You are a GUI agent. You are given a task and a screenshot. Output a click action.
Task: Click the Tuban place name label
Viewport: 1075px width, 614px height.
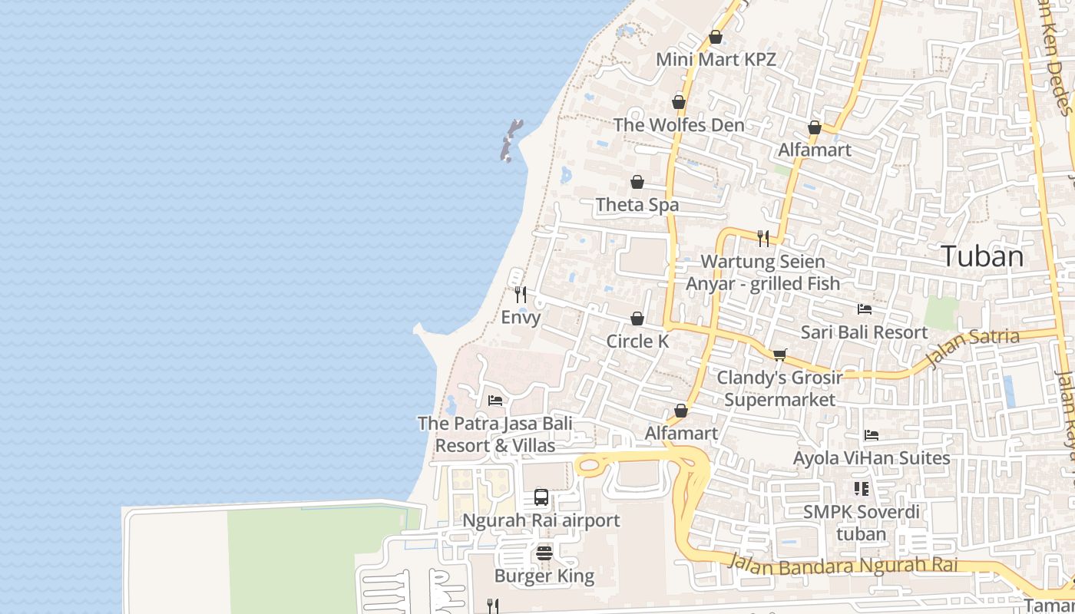click(x=982, y=256)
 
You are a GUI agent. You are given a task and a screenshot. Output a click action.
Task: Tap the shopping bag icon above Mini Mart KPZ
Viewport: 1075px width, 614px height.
click(x=716, y=37)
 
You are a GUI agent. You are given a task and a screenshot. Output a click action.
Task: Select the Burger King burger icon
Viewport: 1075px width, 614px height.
click(x=544, y=553)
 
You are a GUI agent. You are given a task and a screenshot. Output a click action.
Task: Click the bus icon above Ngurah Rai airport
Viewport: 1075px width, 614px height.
click(x=541, y=497)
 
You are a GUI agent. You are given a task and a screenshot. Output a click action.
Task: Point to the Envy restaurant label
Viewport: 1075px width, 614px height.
click(x=521, y=317)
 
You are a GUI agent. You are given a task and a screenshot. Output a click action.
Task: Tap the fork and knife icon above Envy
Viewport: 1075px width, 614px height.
click(x=521, y=294)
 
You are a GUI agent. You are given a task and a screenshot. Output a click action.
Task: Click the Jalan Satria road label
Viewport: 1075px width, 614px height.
click(x=973, y=347)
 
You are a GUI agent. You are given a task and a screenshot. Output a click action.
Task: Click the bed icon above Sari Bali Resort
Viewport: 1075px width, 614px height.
click(x=865, y=309)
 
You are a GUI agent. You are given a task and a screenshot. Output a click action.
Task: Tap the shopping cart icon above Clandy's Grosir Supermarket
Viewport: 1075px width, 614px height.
click(x=779, y=355)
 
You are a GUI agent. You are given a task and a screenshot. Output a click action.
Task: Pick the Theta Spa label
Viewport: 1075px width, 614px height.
click(x=637, y=205)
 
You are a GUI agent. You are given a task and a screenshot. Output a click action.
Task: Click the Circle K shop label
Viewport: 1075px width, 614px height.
click(x=637, y=342)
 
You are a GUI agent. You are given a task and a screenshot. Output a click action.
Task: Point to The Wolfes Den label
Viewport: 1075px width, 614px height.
click(x=679, y=125)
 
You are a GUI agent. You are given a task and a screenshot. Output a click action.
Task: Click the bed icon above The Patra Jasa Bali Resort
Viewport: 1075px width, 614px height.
click(x=495, y=401)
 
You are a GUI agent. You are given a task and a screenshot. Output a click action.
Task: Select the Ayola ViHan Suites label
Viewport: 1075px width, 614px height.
click(x=872, y=458)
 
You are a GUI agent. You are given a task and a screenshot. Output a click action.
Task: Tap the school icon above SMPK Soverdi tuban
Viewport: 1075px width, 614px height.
click(x=861, y=488)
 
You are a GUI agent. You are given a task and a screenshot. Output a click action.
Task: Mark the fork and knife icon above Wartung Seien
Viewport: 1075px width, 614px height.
click(x=762, y=238)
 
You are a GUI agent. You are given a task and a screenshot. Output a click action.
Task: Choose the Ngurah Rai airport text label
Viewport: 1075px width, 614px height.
click(x=541, y=520)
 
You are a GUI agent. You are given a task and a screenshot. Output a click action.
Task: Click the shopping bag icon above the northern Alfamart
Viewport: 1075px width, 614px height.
click(x=815, y=127)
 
